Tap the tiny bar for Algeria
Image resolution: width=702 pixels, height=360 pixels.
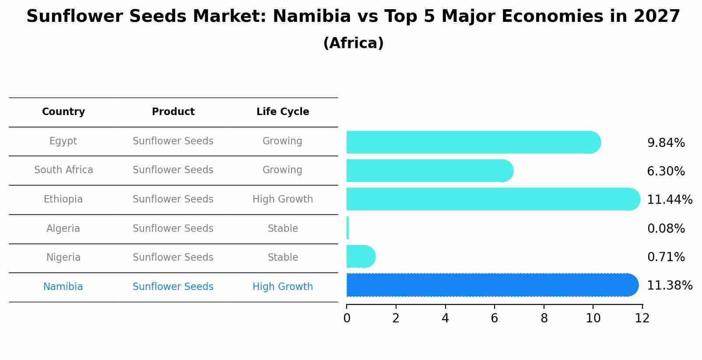(347, 228)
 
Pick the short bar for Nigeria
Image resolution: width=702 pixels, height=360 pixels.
(360, 256)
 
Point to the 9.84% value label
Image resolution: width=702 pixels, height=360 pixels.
(666, 143)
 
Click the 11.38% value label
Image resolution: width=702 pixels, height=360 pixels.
(669, 286)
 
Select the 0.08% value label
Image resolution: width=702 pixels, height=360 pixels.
(666, 228)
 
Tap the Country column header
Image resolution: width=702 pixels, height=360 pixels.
(63, 112)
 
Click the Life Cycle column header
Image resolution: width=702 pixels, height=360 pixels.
(283, 112)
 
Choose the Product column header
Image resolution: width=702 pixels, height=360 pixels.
(173, 112)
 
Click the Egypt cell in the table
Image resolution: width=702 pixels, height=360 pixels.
(63, 141)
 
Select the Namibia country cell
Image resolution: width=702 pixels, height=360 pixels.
(63, 287)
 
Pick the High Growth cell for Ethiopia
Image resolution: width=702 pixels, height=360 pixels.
(283, 199)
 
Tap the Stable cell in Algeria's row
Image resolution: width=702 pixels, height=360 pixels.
(283, 229)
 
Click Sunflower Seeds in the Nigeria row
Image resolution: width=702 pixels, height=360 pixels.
(173, 258)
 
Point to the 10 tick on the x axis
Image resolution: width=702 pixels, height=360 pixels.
(593, 318)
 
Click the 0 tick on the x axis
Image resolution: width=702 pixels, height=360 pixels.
(347, 318)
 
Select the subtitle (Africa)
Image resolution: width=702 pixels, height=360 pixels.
(353, 43)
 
